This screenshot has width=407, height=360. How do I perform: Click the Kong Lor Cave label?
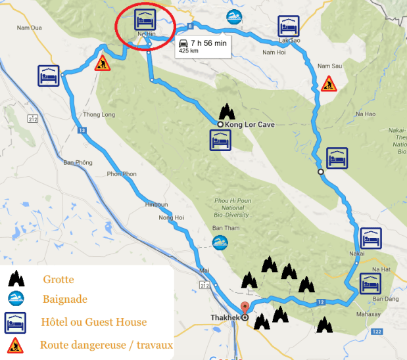(x=249, y=124)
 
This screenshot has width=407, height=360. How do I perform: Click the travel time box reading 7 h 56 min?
(x=201, y=46)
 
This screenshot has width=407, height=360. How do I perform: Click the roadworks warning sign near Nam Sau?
(x=328, y=83)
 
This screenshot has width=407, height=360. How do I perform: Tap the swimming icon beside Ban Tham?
(x=220, y=242)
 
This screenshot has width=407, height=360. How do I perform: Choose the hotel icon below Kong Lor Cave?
(x=220, y=141)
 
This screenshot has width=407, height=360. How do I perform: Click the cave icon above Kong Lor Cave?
(x=226, y=110)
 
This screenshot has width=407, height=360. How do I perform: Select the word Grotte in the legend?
(x=59, y=279)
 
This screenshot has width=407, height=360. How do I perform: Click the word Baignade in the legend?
(x=65, y=300)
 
